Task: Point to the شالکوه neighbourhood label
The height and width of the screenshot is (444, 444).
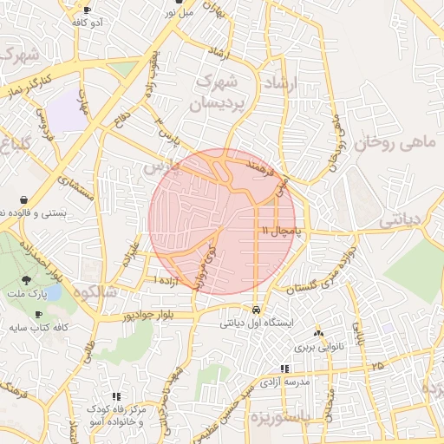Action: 95,291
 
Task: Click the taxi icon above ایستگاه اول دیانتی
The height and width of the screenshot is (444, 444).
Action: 256,310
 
